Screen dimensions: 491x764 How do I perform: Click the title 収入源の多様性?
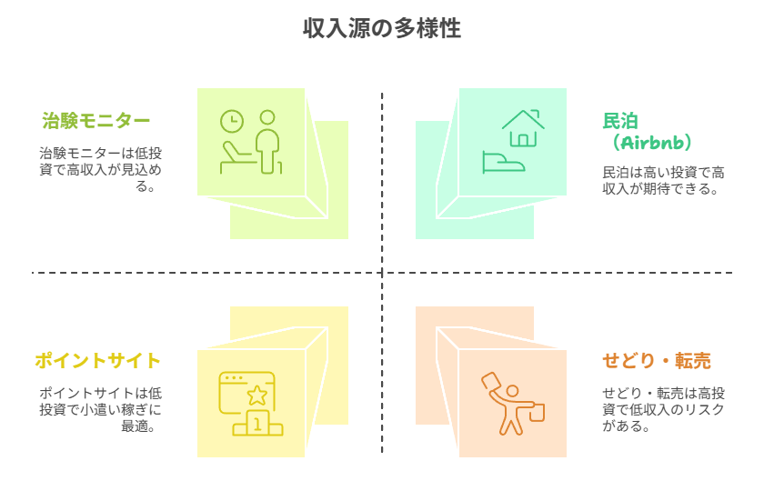382,29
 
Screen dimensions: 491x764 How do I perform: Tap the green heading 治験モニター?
96,121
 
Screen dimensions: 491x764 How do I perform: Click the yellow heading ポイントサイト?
97,361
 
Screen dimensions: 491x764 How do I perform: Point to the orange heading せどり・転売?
656,361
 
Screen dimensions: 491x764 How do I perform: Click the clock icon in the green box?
232,122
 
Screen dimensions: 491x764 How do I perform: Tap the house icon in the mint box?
523,128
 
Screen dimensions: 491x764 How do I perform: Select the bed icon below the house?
503,162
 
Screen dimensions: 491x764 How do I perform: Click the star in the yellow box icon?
257,395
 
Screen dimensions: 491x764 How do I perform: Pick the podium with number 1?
257,424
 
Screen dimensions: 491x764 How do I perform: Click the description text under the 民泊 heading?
663,180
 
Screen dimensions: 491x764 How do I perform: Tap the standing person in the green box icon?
267,141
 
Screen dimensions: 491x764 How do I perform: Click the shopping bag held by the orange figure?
536,411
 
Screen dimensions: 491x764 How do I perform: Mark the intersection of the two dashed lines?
382,273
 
